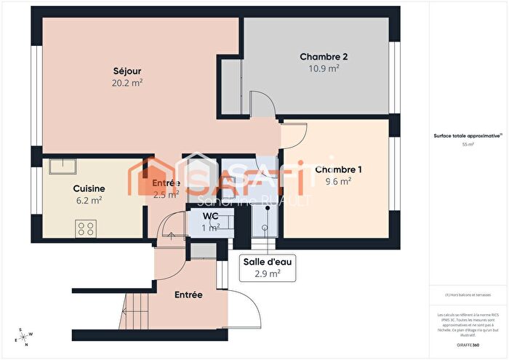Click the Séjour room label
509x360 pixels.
127,71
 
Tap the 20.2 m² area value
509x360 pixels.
127,83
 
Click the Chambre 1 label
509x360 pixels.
338,169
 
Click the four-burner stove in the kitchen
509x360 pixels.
85,229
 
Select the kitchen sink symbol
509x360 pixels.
64,167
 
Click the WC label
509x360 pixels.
211,216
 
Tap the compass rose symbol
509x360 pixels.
23,335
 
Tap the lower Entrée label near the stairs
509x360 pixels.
188,295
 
